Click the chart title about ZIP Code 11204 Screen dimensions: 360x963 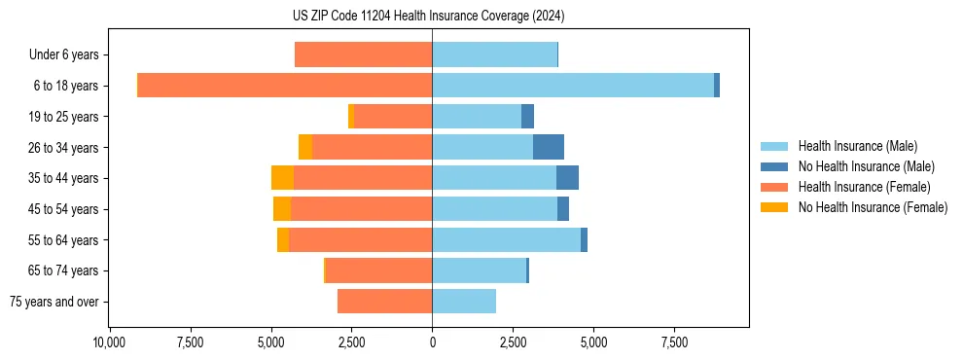(428, 16)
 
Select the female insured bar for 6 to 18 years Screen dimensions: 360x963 (284, 86)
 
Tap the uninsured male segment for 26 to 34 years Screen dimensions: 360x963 (549, 147)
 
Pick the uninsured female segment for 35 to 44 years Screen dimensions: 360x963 (282, 178)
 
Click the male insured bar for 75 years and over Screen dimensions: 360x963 (464, 302)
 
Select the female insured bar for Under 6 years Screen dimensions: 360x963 (363, 54)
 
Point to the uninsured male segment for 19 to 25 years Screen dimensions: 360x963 (527, 117)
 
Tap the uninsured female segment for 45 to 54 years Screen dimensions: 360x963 (282, 209)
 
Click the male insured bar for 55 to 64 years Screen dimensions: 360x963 (506, 240)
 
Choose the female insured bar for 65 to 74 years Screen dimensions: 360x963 (378, 270)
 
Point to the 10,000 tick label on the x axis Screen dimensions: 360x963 (109, 342)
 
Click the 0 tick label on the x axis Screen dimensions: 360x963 (432, 342)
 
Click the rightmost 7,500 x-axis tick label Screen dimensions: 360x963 (674, 342)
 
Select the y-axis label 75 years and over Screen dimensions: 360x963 (54, 302)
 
